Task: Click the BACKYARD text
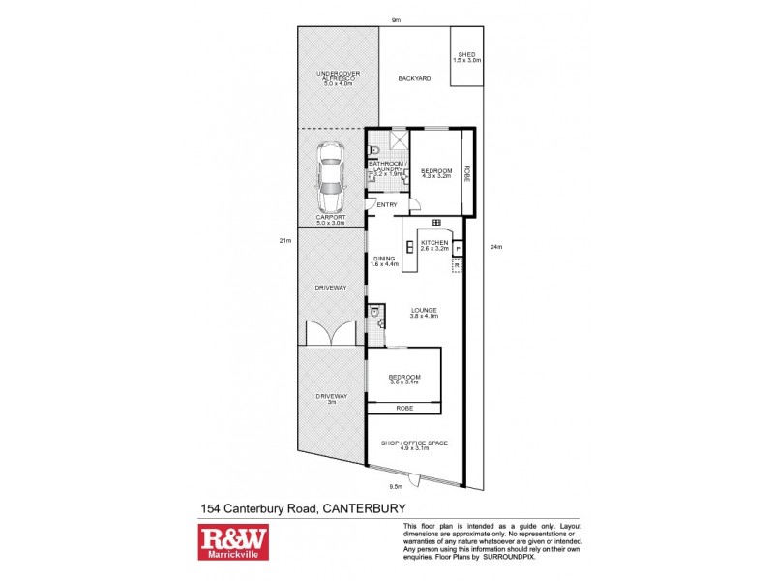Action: coord(414,77)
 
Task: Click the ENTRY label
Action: coord(387,205)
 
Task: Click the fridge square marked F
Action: coord(458,249)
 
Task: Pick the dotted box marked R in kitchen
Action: coord(458,264)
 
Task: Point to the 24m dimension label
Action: coord(497,246)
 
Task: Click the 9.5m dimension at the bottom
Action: coord(395,487)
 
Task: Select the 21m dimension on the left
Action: coord(285,240)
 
